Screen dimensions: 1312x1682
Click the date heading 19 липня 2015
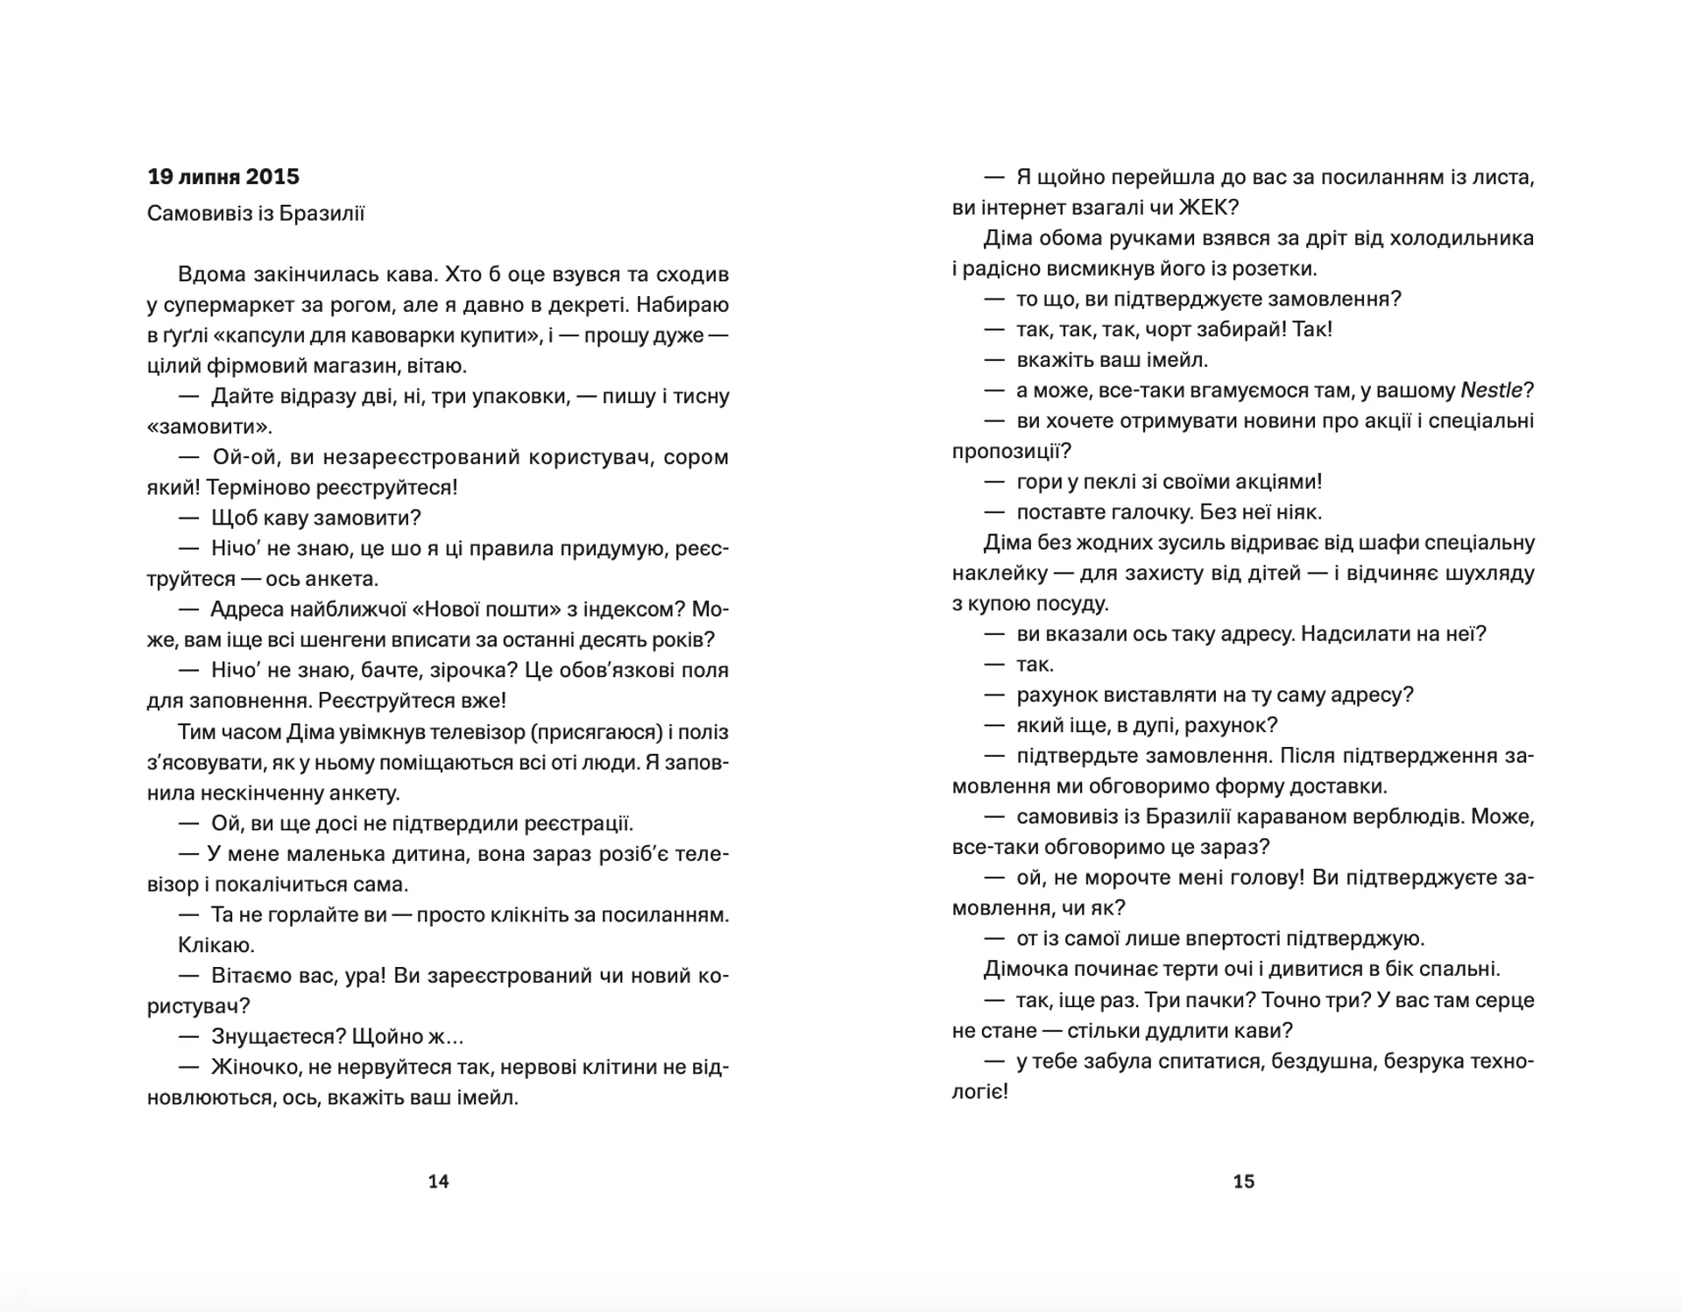pos(223,177)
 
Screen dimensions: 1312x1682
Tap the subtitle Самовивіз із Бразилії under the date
pos(256,214)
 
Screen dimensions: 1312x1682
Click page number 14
pos(438,1182)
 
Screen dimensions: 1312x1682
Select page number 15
pos(1244,1182)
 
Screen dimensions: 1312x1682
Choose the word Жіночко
pos(254,1068)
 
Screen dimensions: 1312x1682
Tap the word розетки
pos(1276,269)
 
